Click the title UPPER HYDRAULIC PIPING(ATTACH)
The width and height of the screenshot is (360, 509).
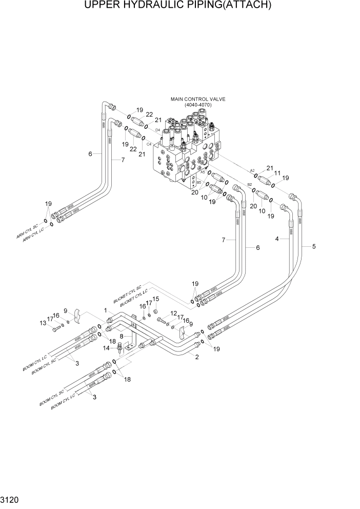coord(180,6)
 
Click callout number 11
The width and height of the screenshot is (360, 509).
coord(278,173)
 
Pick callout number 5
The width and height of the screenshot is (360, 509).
coord(314,246)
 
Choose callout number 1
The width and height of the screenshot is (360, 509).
coord(105,310)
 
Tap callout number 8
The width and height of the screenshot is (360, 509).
coord(122,337)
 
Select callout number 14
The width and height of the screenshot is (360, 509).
coord(106,348)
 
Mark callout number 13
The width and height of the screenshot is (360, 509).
coord(43,323)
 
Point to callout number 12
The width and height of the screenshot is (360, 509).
coord(173,314)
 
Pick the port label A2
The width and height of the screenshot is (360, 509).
coord(252,170)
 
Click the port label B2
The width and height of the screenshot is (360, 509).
coord(250,184)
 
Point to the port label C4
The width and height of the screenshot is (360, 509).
coord(149,145)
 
